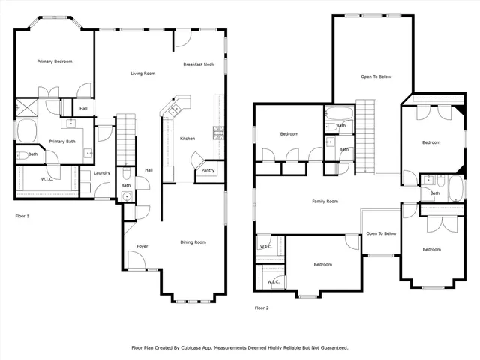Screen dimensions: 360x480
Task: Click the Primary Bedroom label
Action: click(55, 61)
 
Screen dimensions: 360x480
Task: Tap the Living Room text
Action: click(142, 73)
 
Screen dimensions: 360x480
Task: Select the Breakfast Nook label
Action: click(199, 64)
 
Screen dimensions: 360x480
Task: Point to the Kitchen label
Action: click(187, 139)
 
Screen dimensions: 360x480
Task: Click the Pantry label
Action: click(207, 171)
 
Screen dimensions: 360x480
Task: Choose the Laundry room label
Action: click(103, 173)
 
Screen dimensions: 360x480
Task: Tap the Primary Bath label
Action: click(62, 142)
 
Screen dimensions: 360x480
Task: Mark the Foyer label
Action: click(142, 246)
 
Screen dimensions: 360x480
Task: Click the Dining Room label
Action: click(193, 242)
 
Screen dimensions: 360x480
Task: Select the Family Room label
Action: click(325, 201)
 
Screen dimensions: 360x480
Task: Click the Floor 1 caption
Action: click(22, 215)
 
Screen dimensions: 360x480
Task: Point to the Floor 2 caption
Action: click(262, 307)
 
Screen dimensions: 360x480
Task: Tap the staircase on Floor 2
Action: click(364, 135)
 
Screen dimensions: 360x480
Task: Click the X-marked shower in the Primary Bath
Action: click(22, 106)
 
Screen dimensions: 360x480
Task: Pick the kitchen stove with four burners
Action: click(218, 133)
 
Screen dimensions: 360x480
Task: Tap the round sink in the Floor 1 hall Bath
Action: click(126, 196)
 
